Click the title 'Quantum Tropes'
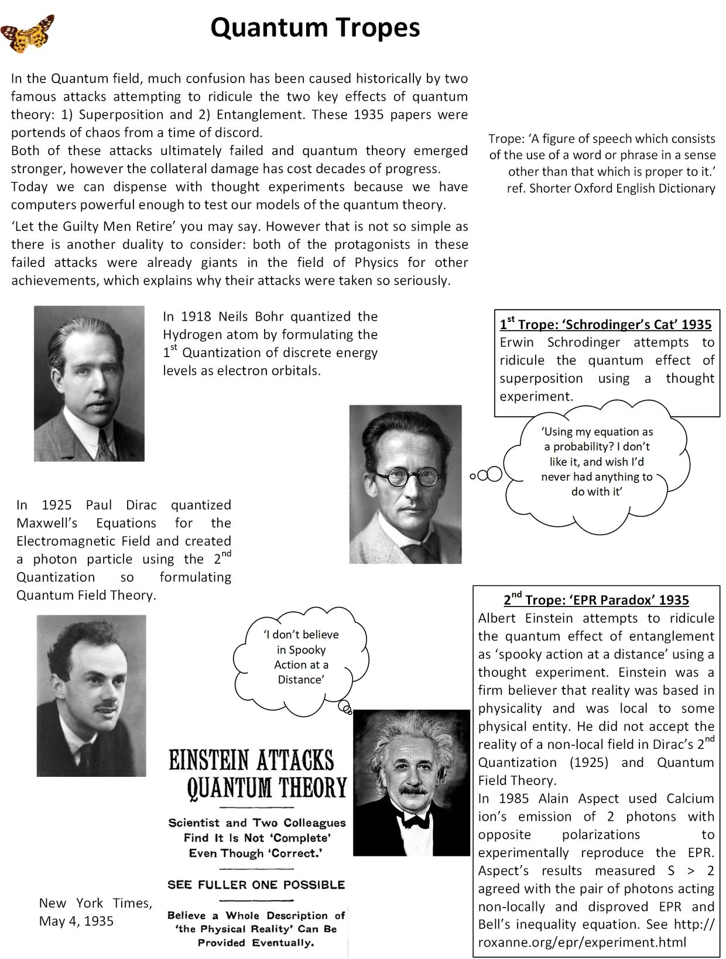click(315, 28)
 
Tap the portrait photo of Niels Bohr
click(89, 383)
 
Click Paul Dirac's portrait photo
click(91, 696)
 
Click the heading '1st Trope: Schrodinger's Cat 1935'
click(605, 324)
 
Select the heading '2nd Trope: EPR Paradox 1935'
click(596, 600)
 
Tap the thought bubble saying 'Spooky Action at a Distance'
click(301, 657)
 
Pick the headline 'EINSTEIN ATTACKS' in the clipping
click(251, 761)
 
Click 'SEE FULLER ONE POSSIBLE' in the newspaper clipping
click(256, 885)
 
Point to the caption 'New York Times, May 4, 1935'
click(95, 912)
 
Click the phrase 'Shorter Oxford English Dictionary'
click(622, 189)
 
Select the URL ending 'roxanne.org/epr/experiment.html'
click(581, 942)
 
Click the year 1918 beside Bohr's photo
click(196, 317)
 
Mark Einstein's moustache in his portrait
click(414, 790)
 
